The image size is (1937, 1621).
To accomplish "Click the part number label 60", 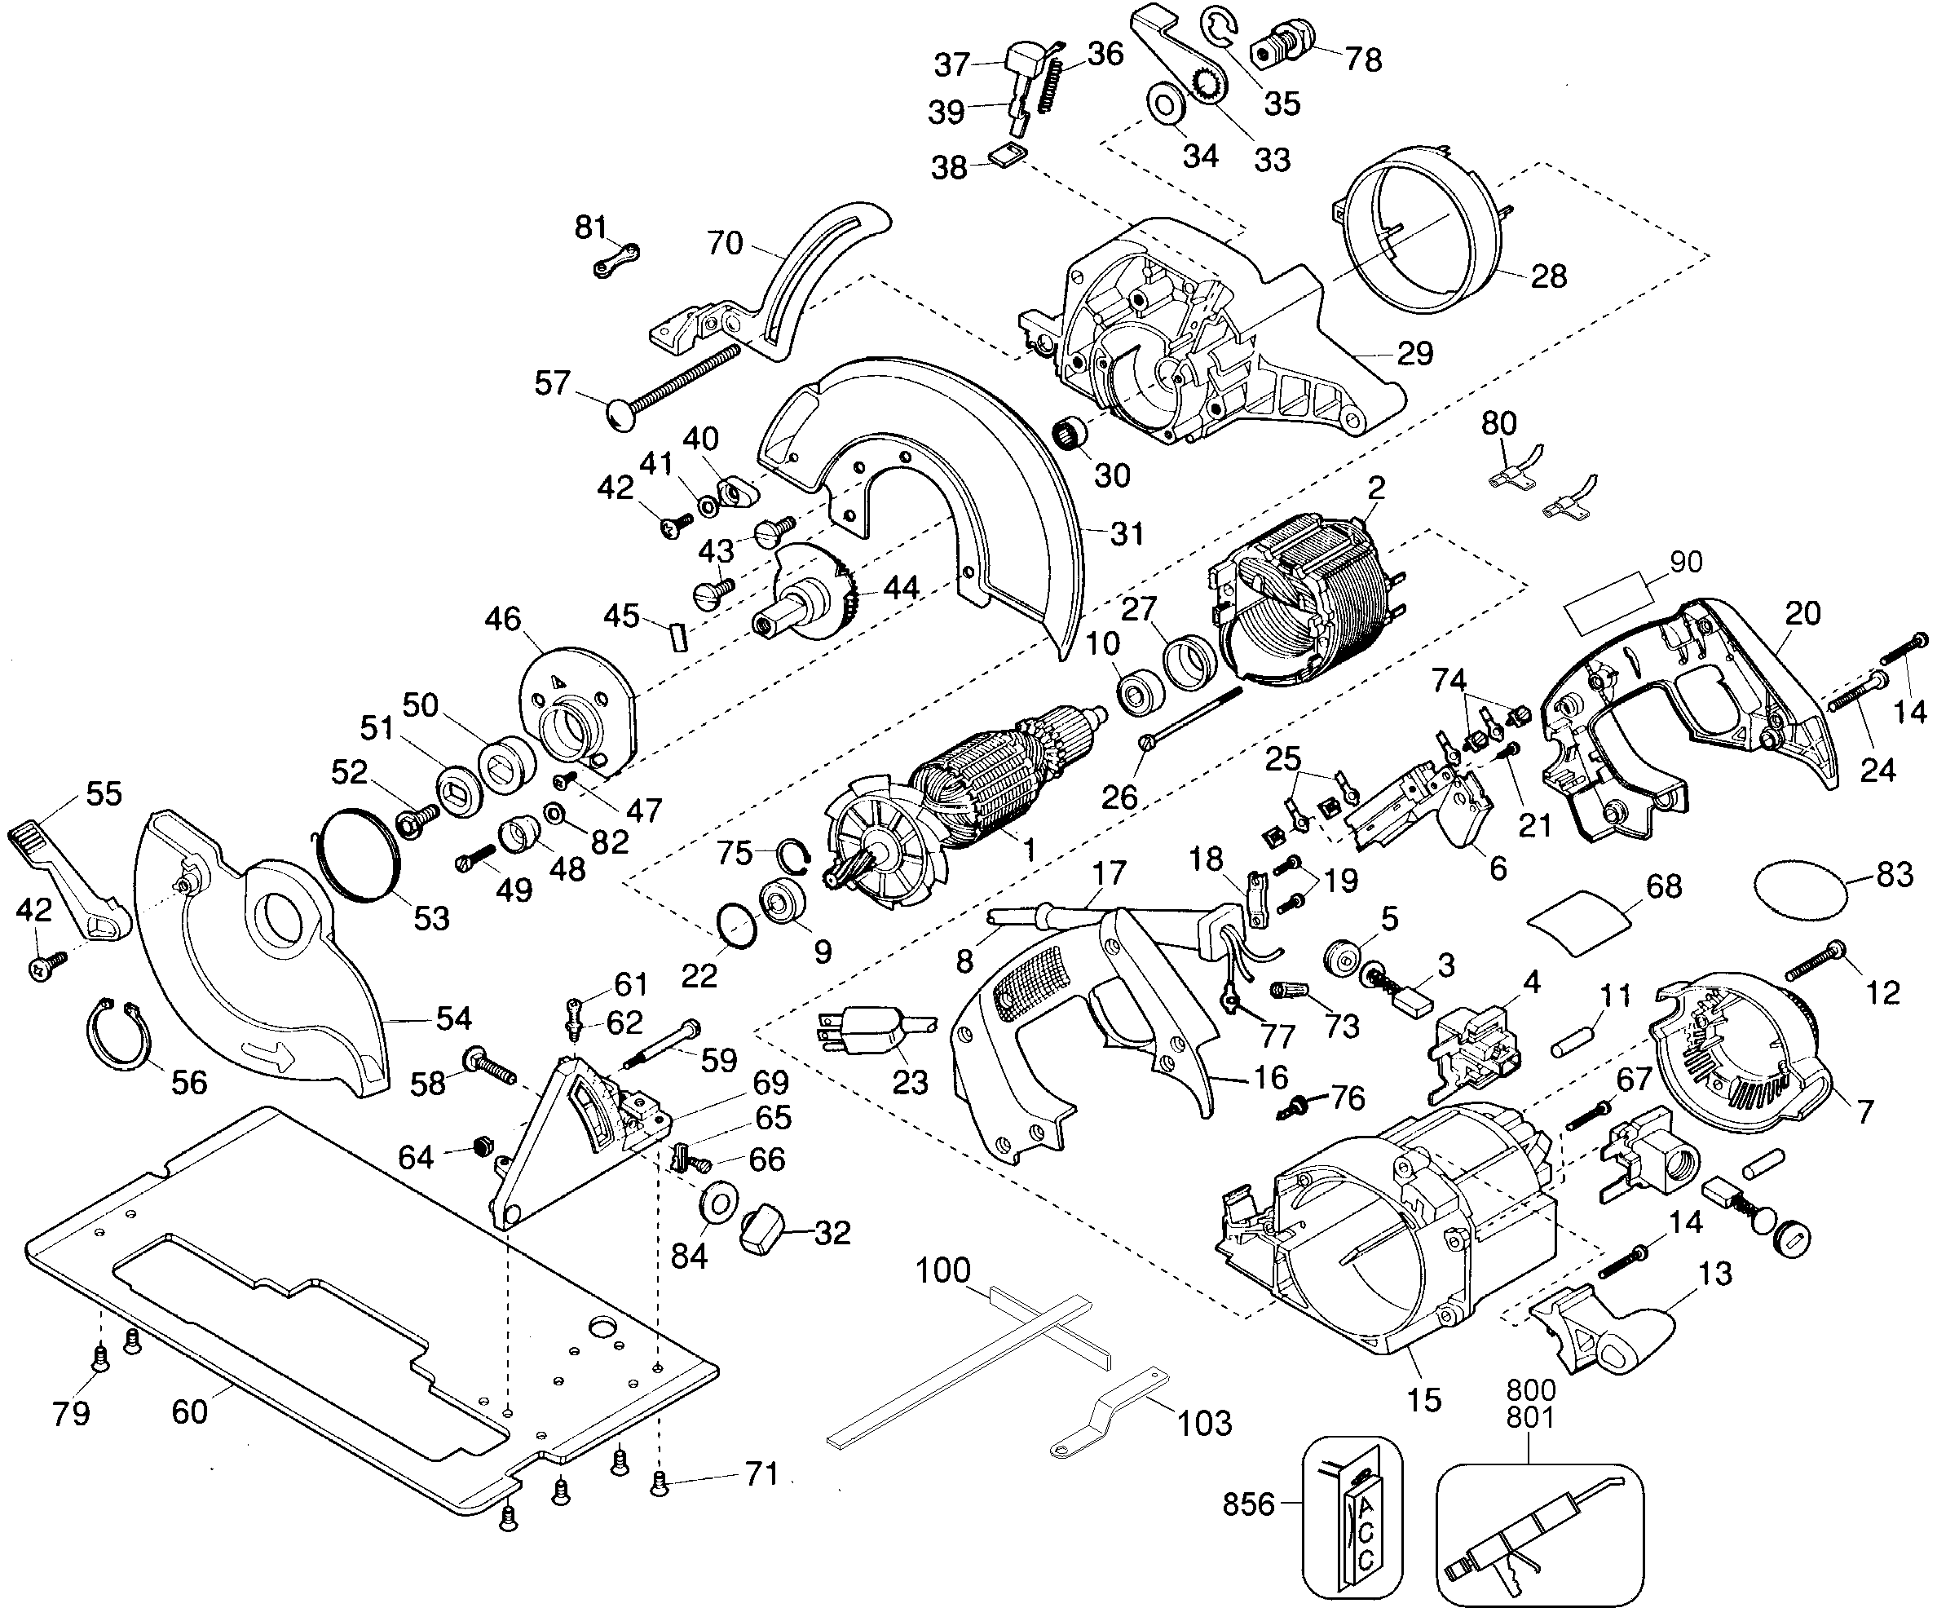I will tap(189, 1411).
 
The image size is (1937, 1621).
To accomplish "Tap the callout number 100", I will tap(942, 1270).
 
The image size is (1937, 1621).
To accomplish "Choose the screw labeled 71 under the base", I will tap(660, 1482).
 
